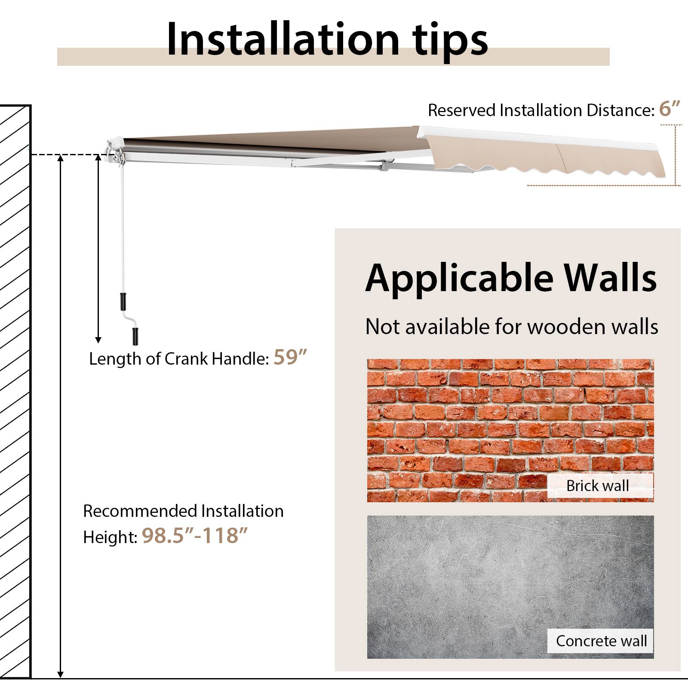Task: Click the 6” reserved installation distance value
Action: [670, 109]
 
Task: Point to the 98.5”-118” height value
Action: [195, 536]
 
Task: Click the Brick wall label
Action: [597, 485]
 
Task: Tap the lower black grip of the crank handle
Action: [135, 336]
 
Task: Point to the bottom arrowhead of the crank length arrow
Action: [98, 340]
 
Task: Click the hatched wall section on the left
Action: [15, 387]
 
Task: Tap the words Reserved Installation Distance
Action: [541, 111]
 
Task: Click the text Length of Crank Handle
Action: [178, 359]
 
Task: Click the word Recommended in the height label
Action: [140, 511]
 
